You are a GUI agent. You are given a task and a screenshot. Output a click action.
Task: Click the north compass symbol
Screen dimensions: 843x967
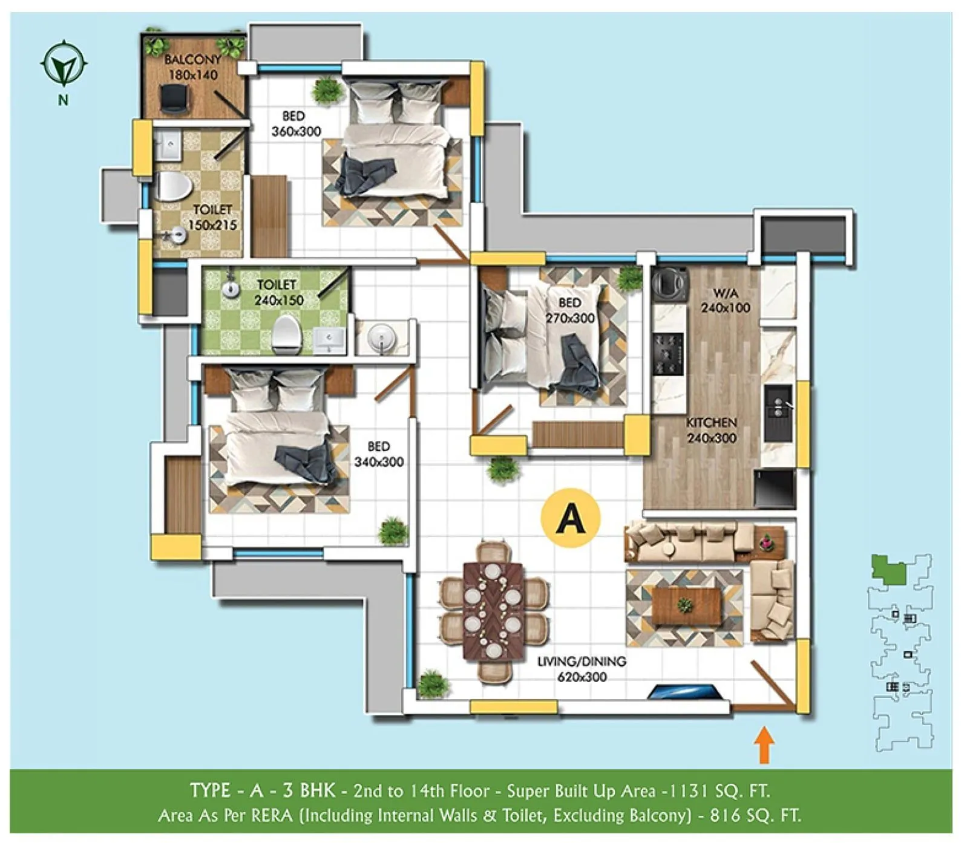64,64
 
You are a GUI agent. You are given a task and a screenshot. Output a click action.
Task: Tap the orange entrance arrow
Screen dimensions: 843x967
764,744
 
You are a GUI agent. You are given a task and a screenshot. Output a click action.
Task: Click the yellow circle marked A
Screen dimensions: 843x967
571,518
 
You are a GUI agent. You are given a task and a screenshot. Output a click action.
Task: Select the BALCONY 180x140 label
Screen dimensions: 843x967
192,67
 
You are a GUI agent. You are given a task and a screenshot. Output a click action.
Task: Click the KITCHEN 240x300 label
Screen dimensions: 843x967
711,430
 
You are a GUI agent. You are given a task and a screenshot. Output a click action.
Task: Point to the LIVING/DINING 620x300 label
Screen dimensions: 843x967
582,669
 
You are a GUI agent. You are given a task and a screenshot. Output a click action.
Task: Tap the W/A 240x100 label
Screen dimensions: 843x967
725,301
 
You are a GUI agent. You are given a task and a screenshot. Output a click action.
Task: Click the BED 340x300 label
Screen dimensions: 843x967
379,454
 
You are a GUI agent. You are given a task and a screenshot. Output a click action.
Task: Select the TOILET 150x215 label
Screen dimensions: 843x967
212,217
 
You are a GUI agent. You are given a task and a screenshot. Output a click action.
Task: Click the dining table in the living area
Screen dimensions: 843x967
493,611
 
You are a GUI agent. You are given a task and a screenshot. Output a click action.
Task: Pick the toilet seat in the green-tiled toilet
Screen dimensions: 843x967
287,334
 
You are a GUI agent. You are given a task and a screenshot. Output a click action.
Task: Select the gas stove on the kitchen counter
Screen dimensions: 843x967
669,353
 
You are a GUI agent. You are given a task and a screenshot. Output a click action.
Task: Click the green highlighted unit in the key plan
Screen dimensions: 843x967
888,570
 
